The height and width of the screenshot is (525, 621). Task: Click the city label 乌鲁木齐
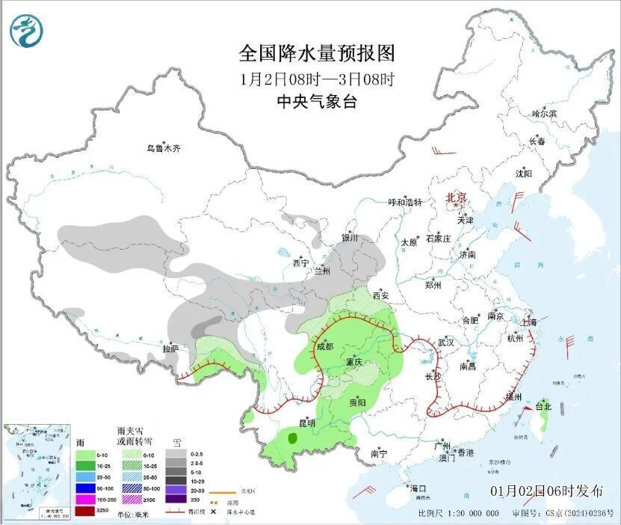(163, 148)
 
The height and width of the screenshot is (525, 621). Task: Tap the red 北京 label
(456, 197)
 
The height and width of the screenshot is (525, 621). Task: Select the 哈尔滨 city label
(544, 114)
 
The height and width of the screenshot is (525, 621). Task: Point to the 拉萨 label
(170, 349)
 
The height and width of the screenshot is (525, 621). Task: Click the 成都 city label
(324, 346)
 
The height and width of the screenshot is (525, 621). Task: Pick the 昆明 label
(306, 423)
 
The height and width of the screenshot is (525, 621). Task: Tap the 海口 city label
(418, 488)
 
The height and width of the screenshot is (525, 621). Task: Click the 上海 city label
(531, 322)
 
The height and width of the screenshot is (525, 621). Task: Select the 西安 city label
(380, 296)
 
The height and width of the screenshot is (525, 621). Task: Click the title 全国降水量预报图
(316, 53)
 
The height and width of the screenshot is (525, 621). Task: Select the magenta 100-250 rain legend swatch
(84, 497)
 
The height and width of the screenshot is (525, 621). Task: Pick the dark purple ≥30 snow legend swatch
(176, 497)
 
